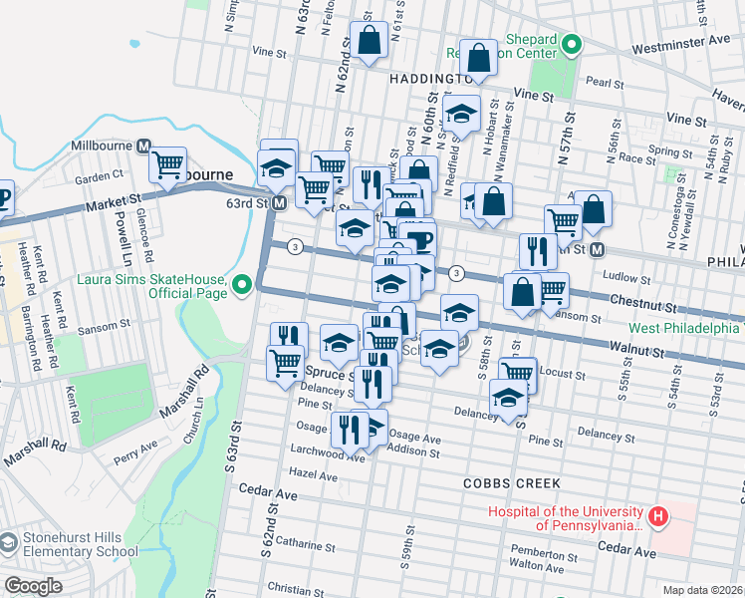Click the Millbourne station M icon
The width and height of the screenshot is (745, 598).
tap(143, 147)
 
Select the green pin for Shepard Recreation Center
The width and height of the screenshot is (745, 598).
tap(572, 44)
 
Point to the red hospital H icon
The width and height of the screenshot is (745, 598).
tap(657, 516)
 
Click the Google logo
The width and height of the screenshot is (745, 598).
tap(33, 586)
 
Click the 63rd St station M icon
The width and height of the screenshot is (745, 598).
tap(280, 202)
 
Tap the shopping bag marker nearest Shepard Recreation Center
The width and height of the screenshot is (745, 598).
tap(478, 59)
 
